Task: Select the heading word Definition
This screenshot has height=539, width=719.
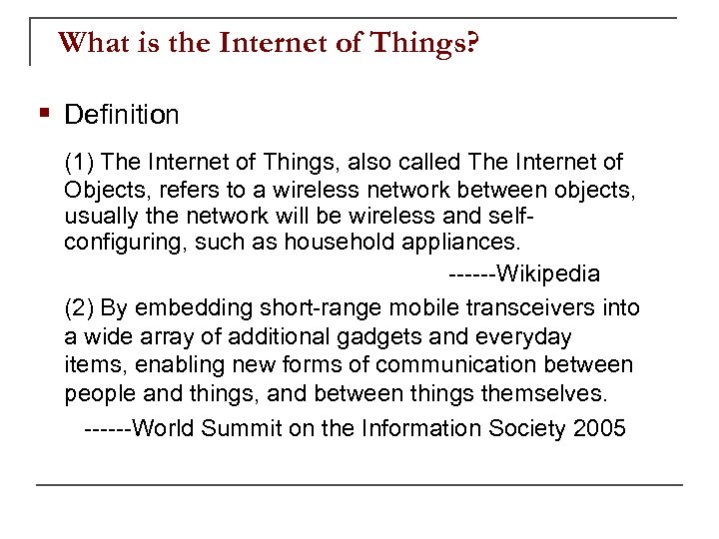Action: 122,115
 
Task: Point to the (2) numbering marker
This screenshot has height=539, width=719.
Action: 79,308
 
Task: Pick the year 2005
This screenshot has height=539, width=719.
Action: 600,429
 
